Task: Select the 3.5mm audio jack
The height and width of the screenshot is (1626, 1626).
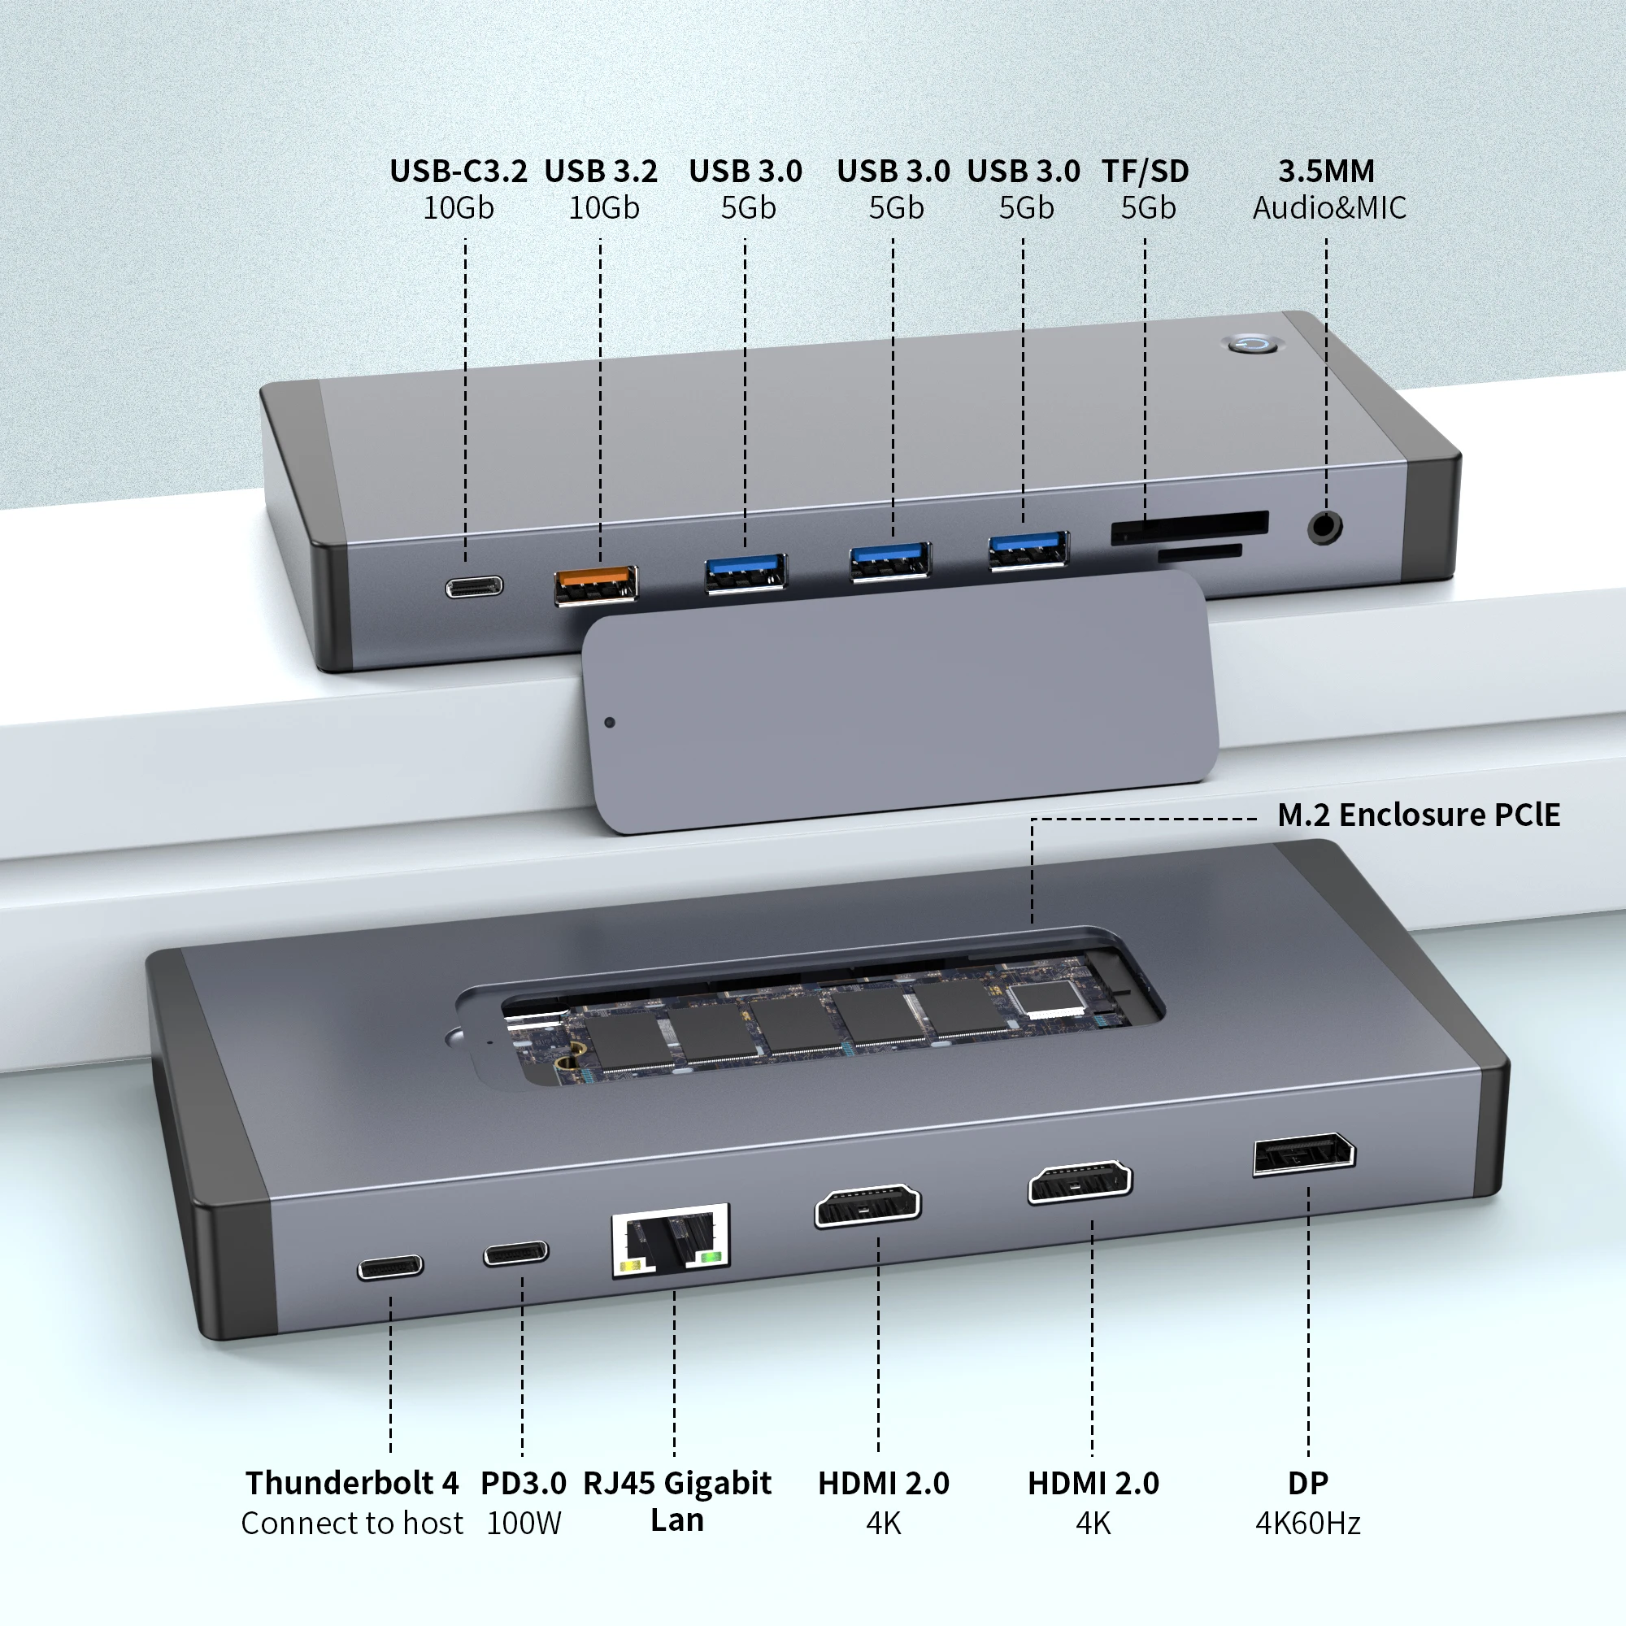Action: [1324, 528]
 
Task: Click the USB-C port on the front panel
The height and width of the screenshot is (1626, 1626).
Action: [475, 587]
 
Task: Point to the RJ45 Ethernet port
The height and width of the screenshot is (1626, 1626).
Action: [671, 1240]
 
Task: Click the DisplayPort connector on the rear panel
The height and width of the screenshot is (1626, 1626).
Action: [1304, 1154]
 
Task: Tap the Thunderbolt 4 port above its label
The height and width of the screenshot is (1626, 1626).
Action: [390, 1267]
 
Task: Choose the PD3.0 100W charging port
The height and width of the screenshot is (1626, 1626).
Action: [516, 1254]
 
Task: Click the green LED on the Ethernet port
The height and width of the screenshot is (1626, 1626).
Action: [712, 1258]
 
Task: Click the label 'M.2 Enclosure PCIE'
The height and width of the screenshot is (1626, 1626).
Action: [1418, 815]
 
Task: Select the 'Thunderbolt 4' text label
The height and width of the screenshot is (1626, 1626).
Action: [352, 1483]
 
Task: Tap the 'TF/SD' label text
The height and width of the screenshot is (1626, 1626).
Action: [1146, 171]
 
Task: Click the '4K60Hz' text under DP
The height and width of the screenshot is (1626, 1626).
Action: [1308, 1524]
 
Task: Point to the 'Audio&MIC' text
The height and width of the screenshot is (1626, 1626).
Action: [1329, 208]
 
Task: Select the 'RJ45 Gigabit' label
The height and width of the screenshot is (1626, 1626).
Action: [676, 1483]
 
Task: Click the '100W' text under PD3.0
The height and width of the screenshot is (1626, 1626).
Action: [524, 1524]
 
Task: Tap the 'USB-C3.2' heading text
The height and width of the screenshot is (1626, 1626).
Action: [458, 171]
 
